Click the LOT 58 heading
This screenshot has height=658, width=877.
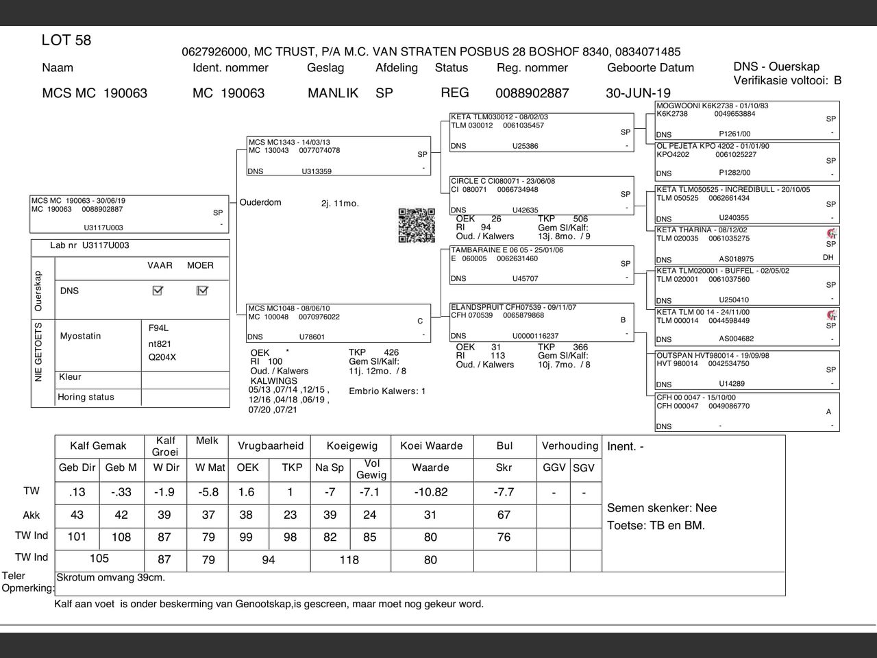click(x=66, y=40)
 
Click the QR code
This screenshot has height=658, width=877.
click(x=417, y=226)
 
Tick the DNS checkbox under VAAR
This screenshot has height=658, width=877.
click(x=158, y=291)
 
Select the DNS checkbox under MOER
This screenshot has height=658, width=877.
click(x=202, y=291)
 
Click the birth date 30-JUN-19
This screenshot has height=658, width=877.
click(x=638, y=93)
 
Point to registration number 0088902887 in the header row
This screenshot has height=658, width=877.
click(x=532, y=93)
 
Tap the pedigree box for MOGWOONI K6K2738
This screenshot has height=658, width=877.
click(x=747, y=120)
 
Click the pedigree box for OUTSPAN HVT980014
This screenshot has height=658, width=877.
click(x=747, y=370)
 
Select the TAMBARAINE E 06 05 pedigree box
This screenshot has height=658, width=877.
click(x=542, y=265)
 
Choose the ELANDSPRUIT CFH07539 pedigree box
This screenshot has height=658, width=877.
click(x=542, y=321)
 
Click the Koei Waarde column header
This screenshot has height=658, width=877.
click(x=432, y=446)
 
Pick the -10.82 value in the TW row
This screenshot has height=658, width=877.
click(x=431, y=492)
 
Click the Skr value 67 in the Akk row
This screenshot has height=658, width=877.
click(x=504, y=515)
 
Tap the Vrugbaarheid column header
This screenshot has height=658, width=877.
click(x=270, y=446)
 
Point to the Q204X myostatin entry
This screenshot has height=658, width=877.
click(x=162, y=357)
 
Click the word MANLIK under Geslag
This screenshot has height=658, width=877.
click(x=333, y=93)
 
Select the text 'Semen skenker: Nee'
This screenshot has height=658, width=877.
click(x=661, y=508)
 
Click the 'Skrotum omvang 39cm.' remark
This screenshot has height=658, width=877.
click(x=110, y=578)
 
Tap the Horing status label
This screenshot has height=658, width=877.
click(x=86, y=397)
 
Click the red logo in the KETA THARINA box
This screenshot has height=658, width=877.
click(x=832, y=234)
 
